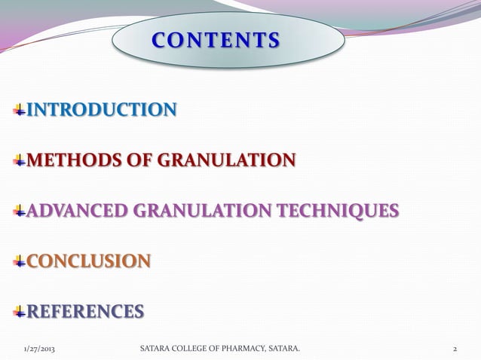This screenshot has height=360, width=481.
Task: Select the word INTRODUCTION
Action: pos(103,111)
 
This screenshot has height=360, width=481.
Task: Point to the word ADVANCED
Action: pos(79,211)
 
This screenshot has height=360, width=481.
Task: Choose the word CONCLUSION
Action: pos(88,261)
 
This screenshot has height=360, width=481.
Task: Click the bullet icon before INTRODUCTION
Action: pos(20,112)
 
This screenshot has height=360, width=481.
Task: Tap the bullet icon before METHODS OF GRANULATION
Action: pos(20,161)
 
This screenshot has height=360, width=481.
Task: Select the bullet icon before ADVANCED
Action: pos(20,212)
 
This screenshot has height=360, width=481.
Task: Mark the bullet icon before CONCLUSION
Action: pos(20,262)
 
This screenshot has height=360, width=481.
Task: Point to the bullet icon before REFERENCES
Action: pos(20,312)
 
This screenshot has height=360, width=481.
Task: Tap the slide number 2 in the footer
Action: pos(455,349)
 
